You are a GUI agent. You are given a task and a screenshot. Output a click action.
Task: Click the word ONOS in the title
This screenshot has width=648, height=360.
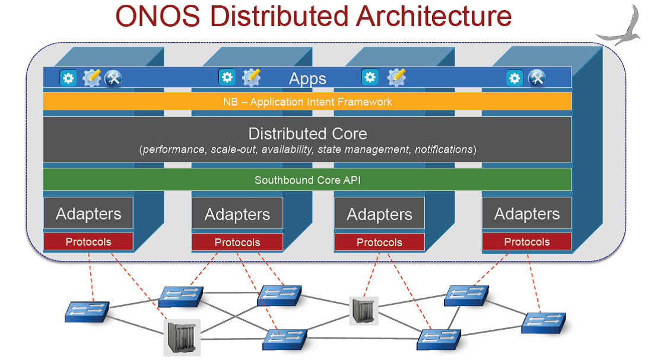(x=158, y=17)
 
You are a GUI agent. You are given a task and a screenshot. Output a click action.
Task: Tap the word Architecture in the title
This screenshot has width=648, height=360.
(x=434, y=17)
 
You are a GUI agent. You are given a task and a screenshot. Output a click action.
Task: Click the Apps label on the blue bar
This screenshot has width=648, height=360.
(x=307, y=78)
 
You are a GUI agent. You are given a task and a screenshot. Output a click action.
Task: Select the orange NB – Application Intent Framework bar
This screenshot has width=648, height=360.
(x=307, y=101)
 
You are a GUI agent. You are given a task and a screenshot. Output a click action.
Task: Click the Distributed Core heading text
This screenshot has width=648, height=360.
(x=307, y=134)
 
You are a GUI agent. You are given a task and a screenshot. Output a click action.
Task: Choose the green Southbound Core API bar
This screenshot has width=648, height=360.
(x=307, y=180)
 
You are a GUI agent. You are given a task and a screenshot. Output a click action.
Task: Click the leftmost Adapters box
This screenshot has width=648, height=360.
(x=88, y=213)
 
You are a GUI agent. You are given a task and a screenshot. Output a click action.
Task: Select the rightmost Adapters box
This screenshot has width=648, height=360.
(x=527, y=213)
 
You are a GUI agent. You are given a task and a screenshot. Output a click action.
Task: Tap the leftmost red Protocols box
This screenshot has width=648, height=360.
(x=88, y=241)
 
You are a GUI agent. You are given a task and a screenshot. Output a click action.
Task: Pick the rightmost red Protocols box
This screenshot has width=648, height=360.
(x=527, y=241)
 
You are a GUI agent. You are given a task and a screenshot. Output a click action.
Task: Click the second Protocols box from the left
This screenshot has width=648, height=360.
(x=237, y=243)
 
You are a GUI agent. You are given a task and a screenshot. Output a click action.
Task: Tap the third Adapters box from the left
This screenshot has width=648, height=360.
(x=379, y=214)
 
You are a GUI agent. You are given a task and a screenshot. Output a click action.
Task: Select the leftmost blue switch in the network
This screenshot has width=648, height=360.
(x=87, y=312)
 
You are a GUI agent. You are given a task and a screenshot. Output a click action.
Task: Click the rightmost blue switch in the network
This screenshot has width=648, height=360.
(x=544, y=323)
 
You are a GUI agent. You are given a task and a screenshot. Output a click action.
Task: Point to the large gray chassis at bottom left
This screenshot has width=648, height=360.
(x=182, y=337)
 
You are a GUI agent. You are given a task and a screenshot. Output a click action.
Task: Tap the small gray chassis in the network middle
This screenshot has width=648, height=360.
(x=364, y=310)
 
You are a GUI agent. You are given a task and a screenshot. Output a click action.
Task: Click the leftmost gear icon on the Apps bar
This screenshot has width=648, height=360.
(x=68, y=78)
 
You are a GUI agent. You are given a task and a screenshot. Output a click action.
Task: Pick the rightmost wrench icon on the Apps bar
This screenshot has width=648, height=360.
(x=536, y=78)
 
